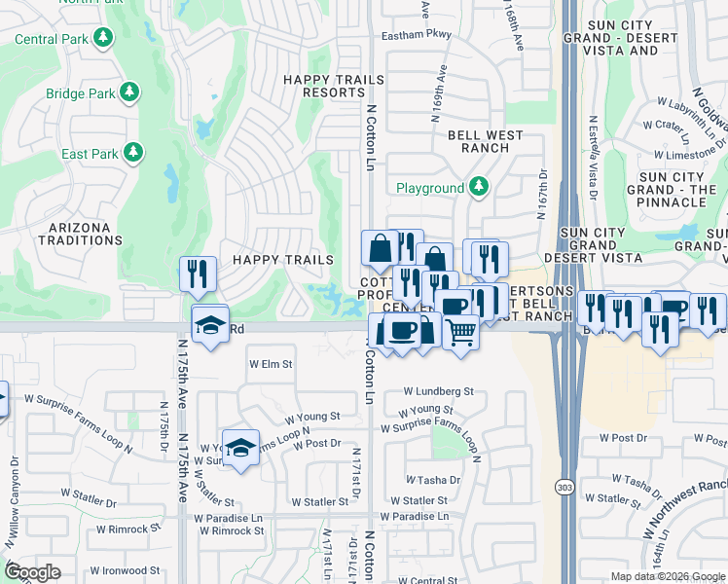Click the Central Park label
click(x=55, y=39)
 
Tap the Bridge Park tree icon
click(x=128, y=94)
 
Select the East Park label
click(x=90, y=154)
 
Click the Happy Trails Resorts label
click(x=323, y=86)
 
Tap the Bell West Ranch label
click(x=479, y=141)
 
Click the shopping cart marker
click(x=460, y=333)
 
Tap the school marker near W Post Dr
click(x=240, y=448)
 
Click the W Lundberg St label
click(x=439, y=391)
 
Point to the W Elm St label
click(x=271, y=364)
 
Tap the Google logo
click(x=33, y=572)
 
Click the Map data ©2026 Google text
click(x=666, y=576)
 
